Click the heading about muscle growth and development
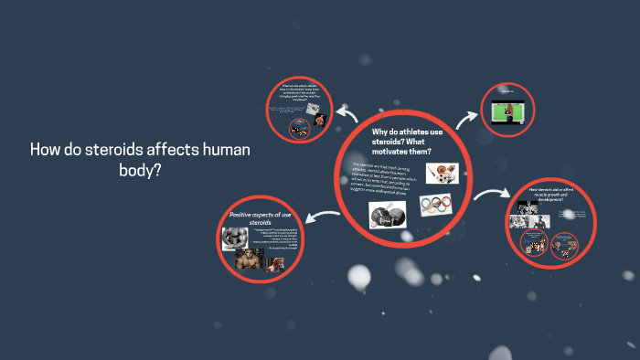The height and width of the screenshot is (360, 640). coord(550,195)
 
